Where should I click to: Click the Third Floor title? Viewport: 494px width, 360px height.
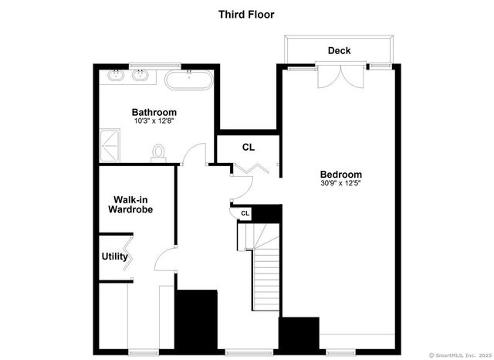pyautogui.click(x=246, y=14)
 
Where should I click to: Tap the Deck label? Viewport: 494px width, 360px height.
pyautogui.click(x=339, y=51)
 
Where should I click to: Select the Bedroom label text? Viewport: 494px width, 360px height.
pyautogui.click(x=340, y=175)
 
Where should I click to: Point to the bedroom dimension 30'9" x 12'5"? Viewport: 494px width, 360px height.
pyautogui.click(x=340, y=184)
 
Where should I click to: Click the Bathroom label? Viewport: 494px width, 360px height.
pyautogui.click(x=154, y=112)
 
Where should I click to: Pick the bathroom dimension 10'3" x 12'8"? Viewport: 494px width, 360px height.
pyautogui.click(x=154, y=121)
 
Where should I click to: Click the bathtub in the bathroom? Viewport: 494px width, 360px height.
pyautogui.click(x=188, y=80)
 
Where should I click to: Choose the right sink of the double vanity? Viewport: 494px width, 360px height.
pyautogui.click(x=140, y=76)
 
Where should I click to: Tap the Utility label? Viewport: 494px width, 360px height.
pyautogui.click(x=115, y=256)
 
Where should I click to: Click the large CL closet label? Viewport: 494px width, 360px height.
pyautogui.click(x=248, y=147)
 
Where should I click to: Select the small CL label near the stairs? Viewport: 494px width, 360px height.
pyautogui.click(x=245, y=213)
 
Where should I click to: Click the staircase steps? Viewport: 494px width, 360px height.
pyautogui.click(x=265, y=270)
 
